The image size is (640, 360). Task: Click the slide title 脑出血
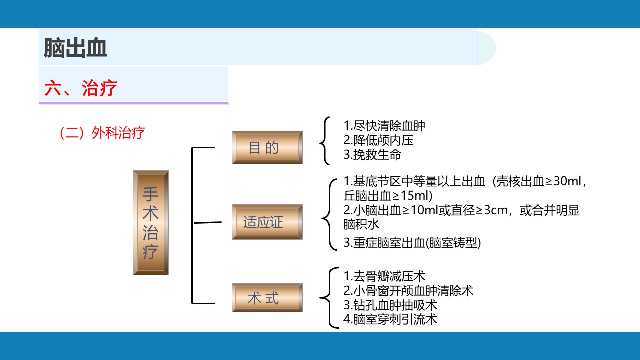tap(75, 48)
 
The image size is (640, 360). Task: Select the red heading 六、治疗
tap(81, 88)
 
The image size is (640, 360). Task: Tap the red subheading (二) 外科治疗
tap(102, 133)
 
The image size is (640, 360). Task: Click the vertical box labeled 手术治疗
tap(151, 223)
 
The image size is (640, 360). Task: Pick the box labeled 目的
tap(267, 147)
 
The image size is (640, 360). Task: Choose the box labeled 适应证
tap(267, 222)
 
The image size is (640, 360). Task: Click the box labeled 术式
tap(267, 298)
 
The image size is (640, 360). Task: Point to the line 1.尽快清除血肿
tap(384, 125)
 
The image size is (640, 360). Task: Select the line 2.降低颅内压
tap(378, 140)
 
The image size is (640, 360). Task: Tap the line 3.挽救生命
tap(372, 155)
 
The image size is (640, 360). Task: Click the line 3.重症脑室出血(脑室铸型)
tap(412, 243)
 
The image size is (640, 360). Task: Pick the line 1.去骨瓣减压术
tap(384, 276)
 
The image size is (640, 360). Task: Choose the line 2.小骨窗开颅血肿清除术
tap(408, 291)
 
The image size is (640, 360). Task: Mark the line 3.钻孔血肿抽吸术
tap(390, 305)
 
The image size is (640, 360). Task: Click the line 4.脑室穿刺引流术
tap(390, 319)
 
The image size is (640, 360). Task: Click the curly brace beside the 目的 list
tap(325, 141)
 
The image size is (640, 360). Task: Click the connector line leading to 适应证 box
tap(208, 222)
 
